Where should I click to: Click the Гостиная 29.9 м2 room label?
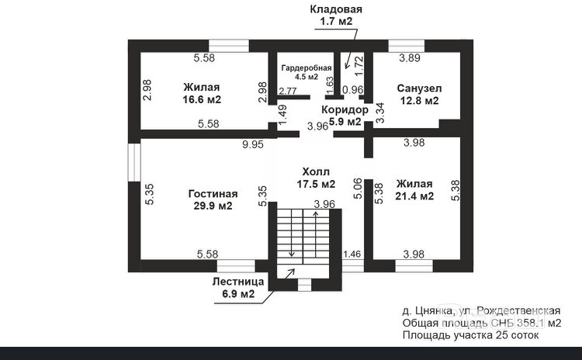(213, 199)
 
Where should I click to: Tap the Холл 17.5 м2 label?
(316, 178)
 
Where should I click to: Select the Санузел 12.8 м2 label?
(417, 94)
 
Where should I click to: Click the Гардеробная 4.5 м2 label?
(300, 72)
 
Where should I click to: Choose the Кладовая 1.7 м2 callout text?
(336, 16)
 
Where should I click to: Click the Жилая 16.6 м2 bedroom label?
(202, 93)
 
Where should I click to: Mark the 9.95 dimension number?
(252, 144)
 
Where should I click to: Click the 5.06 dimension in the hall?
(356, 189)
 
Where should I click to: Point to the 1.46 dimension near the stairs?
(352, 254)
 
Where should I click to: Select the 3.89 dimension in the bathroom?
(411, 58)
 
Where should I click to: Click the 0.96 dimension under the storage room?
(353, 90)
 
